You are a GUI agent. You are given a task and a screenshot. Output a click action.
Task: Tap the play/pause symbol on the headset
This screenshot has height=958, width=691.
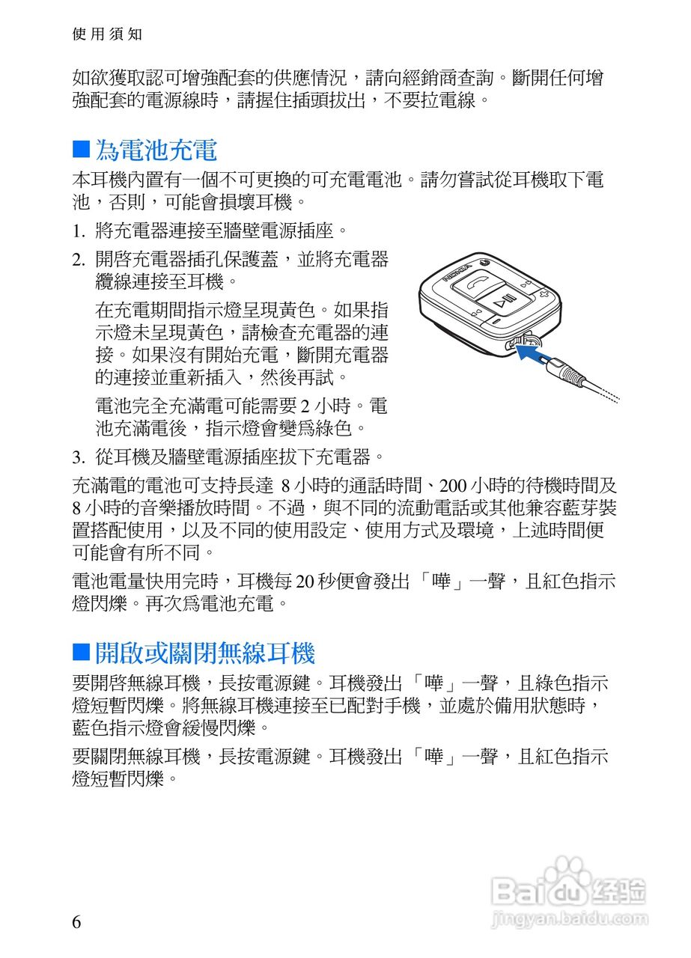point(506,304)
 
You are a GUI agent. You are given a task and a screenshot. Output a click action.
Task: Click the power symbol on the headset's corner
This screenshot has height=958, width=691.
point(484,262)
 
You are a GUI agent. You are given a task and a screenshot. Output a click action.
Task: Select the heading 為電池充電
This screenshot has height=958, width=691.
point(156,150)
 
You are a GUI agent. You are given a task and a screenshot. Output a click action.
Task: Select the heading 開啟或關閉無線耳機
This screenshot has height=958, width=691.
point(204,653)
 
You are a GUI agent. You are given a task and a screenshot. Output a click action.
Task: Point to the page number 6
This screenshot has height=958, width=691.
point(76,921)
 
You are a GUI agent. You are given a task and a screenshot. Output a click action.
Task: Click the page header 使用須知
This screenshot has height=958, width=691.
point(106,34)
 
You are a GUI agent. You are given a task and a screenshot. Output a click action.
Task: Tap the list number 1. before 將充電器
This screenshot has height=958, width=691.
point(79,230)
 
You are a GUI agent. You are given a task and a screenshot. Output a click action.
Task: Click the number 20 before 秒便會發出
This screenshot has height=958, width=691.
point(306,582)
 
